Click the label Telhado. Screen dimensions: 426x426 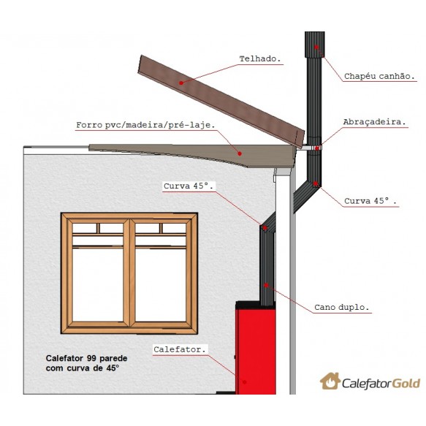click(x=259, y=58)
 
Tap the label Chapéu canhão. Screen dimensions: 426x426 click(x=379, y=76)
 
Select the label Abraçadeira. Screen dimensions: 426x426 click(x=374, y=122)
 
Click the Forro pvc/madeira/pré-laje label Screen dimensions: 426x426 click(x=145, y=125)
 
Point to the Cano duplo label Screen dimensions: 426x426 click(x=342, y=308)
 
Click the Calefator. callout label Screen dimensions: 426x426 click(x=180, y=349)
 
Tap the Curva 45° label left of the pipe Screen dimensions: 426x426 click(x=189, y=186)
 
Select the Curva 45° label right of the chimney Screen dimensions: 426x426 click(x=370, y=201)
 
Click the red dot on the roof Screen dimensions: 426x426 click(x=181, y=83)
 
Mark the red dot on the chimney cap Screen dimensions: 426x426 click(x=316, y=47)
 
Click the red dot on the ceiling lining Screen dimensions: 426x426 click(x=240, y=153)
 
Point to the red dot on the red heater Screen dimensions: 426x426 click(x=245, y=382)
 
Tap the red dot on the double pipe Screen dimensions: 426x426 click(x=266, y=285)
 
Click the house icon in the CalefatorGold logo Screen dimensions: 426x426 click(x=330, y=381)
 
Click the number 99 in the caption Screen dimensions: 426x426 click(x=91, y=358)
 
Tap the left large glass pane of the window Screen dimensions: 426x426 click(x=98, y=284)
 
